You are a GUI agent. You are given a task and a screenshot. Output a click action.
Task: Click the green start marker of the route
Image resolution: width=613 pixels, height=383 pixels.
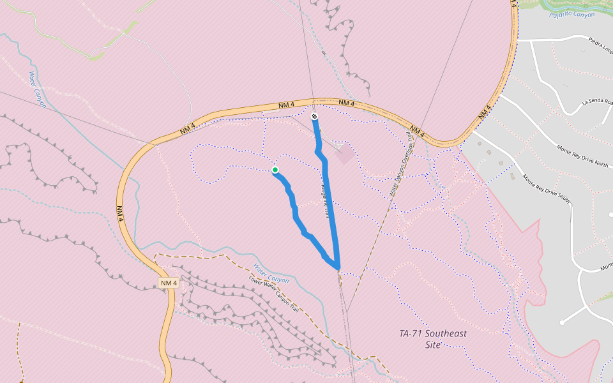(275, 170)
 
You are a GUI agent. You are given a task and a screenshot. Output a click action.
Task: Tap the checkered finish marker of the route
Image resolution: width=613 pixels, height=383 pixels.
(314, 116)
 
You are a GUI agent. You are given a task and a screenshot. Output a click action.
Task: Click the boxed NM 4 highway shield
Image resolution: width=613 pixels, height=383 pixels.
(168, 283)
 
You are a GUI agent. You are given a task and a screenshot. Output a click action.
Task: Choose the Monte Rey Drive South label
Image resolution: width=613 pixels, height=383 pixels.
(547, 190)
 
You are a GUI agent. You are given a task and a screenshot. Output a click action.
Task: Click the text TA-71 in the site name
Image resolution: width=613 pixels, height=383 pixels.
(412, 333)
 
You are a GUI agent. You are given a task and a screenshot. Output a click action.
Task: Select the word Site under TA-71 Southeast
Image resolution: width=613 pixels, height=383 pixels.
(432, 345)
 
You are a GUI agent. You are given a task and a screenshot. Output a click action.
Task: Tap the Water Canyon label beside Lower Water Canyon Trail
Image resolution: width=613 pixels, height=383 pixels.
(271, 273)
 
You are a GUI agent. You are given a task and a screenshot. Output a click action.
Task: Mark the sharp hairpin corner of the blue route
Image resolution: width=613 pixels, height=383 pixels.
(337, 267)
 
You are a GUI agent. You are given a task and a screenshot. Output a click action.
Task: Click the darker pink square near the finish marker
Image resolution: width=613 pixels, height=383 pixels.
(344, 154)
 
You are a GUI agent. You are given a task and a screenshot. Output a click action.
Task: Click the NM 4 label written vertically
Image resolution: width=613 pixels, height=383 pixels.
(120, 213)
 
